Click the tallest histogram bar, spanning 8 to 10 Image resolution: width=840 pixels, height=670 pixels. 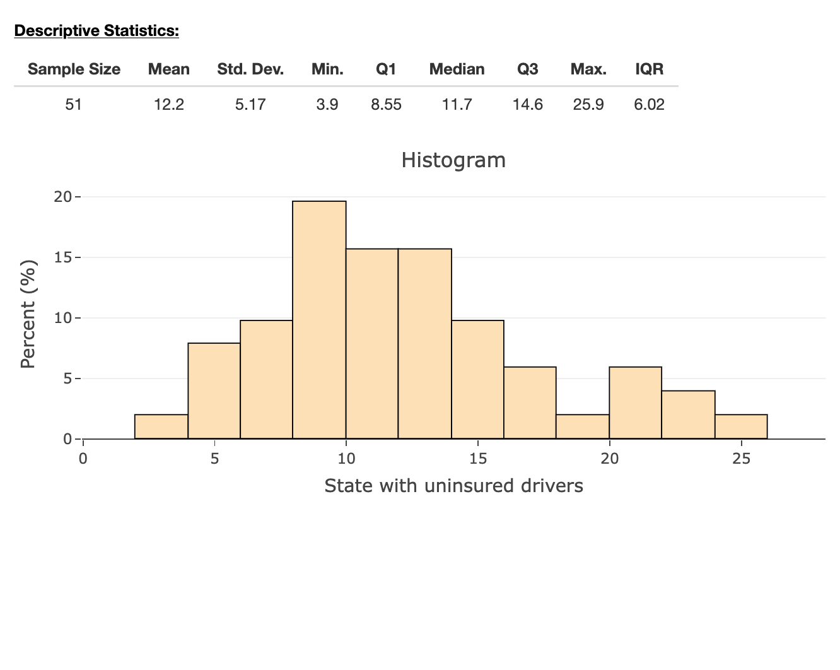tap(319, 320)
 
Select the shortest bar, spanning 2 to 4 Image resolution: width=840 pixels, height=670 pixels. tap(161, 426)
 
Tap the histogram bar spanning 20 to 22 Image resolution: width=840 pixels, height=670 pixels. tap(635, 403)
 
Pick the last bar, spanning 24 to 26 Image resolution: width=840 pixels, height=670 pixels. tap(741, 426)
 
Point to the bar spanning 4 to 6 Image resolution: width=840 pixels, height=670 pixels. tap(214, 391)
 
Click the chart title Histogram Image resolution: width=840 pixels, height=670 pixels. tap(453, 160)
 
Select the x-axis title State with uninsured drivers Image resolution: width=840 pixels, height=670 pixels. tap(453, 486)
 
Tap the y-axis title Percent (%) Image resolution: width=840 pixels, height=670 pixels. tap(28, 314)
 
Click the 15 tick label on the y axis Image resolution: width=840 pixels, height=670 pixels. tap(63, 257)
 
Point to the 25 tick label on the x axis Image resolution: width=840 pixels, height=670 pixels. tap(742, 459)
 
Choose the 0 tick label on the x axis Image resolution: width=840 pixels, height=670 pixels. tap(83, 459)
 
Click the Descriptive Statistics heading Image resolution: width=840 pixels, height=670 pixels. tap(96, 30)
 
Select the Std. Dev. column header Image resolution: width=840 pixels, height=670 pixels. tap(250, 69)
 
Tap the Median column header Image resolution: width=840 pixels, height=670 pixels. tap(457, 69)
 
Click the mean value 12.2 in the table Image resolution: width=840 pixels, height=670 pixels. tap(169, 105)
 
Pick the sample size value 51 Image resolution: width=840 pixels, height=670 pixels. tap(74, 105)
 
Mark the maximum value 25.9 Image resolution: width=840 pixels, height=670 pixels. tap(588, 105)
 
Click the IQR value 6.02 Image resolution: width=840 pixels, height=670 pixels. tap(649, 105)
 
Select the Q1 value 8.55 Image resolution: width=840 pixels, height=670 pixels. tap(386, 105)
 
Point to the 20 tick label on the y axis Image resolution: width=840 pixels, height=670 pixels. tap(63, 197)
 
